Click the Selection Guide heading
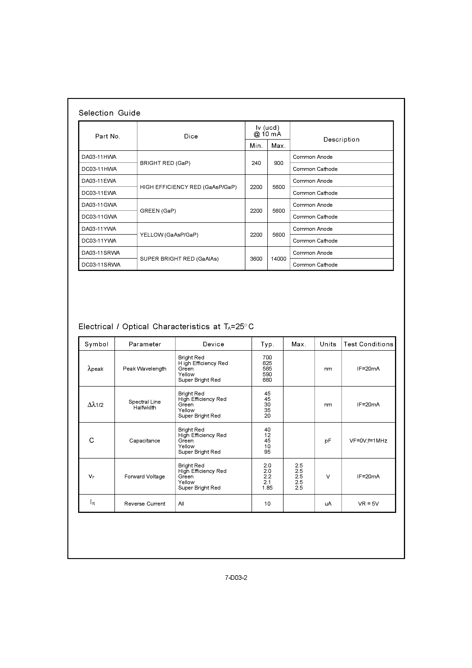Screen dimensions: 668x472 coord(109,113)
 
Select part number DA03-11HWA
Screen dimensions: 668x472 coord(99,157)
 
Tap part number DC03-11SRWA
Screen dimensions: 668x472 coord(101,265)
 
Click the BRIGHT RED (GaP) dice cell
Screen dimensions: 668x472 coord(165,163)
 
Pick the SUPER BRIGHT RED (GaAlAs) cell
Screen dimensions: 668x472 coord(179,259)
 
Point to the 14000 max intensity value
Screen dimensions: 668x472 coord(278,259)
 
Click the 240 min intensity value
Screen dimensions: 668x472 coord(256,163)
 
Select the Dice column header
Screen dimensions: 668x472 coord(191,136)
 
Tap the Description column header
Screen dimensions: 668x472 coord(341,139)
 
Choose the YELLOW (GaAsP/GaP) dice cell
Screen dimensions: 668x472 coord(169,235)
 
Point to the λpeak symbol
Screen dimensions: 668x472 coord(95,369)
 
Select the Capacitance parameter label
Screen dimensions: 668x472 coord(145,441)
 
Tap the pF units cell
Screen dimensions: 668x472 coord(328,441)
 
